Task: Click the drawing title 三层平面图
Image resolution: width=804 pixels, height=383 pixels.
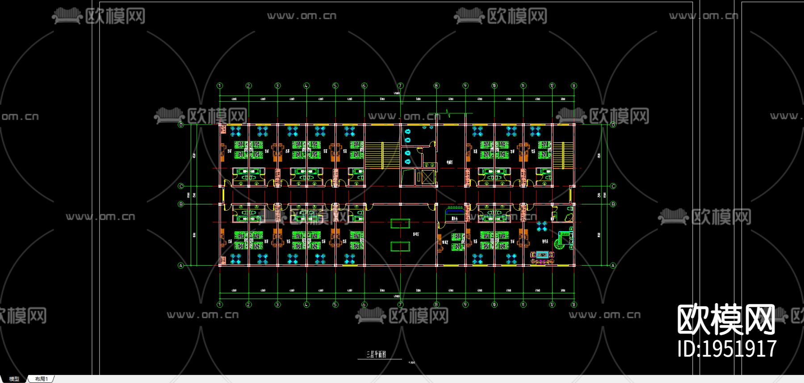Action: (376, 354)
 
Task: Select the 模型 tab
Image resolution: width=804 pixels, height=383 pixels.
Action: (14, 379)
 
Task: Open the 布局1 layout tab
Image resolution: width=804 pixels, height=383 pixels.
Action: (41, 379)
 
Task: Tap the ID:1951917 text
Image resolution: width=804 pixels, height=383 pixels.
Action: (727, 349)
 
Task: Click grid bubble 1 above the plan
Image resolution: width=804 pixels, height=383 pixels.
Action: (220, 86)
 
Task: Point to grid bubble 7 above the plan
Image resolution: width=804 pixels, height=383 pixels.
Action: (400, 86)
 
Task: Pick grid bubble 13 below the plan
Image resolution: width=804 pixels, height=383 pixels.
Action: (574, 305)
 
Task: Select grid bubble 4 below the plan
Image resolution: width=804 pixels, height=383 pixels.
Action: (306, 305)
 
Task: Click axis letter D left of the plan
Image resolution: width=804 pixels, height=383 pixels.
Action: (181, 125)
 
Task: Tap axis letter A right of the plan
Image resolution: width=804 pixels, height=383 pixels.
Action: (613, 266)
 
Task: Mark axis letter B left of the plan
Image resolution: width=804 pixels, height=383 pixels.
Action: (181, 204)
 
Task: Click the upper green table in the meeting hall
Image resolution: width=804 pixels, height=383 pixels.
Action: (400, 223)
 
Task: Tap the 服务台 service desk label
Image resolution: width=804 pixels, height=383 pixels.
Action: (454, 219)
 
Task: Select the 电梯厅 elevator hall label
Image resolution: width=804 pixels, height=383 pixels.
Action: (449, 162)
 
